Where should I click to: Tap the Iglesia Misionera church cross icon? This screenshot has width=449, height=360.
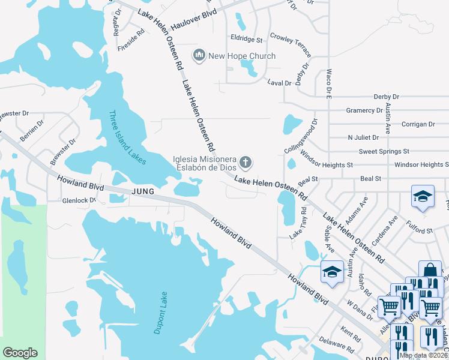point(245,162)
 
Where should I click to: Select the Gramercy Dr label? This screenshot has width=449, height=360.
point(364,110)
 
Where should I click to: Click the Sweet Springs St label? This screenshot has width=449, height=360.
point(384,151)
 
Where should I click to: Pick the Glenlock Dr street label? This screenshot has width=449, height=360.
point(76,200)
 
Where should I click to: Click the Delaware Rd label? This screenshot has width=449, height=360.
point(338,346)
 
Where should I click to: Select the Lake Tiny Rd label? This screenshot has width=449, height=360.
point(298,224)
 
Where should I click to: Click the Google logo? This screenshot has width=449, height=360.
point(20,353)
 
